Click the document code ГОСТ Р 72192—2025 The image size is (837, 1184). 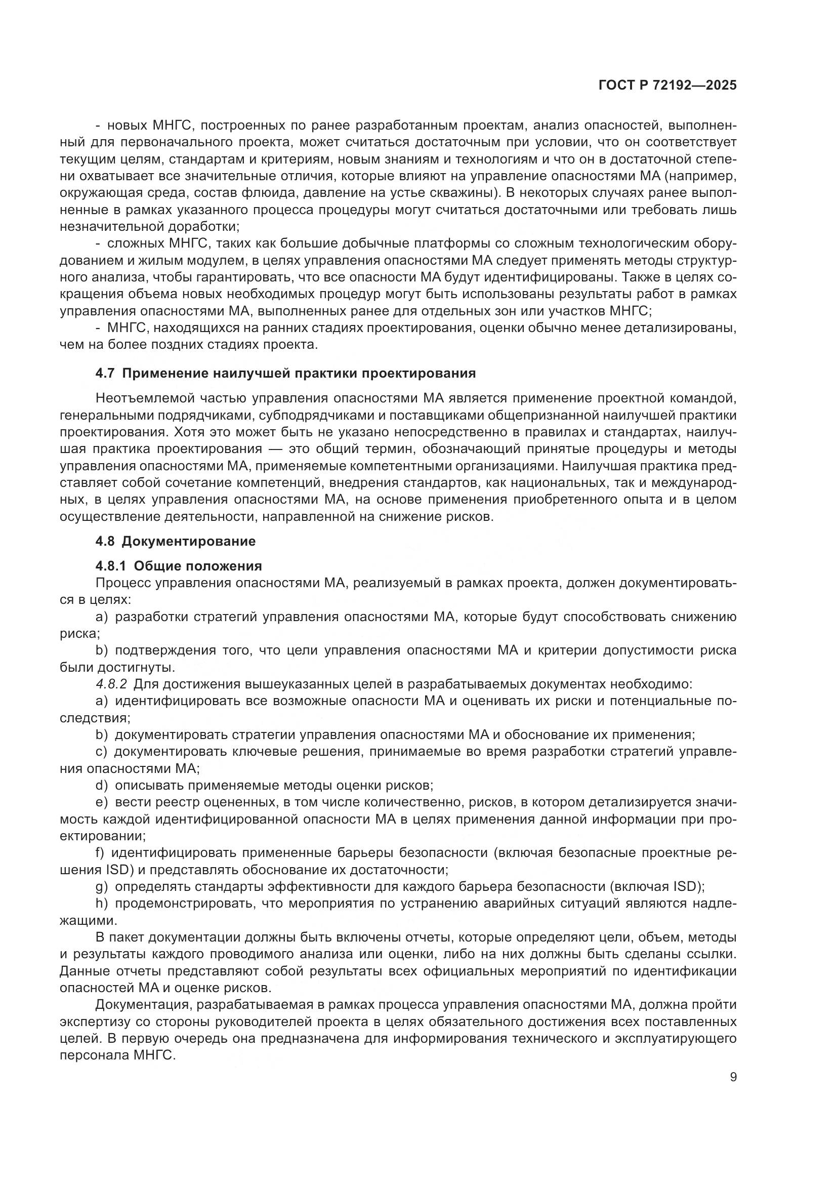[667, 86]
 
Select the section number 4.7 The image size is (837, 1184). [106, 374]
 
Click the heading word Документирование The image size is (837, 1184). [189, 542]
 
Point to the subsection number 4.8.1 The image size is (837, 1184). [111, 566]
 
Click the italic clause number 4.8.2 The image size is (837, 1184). [111, 684]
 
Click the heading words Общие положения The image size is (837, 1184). [198, 566]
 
